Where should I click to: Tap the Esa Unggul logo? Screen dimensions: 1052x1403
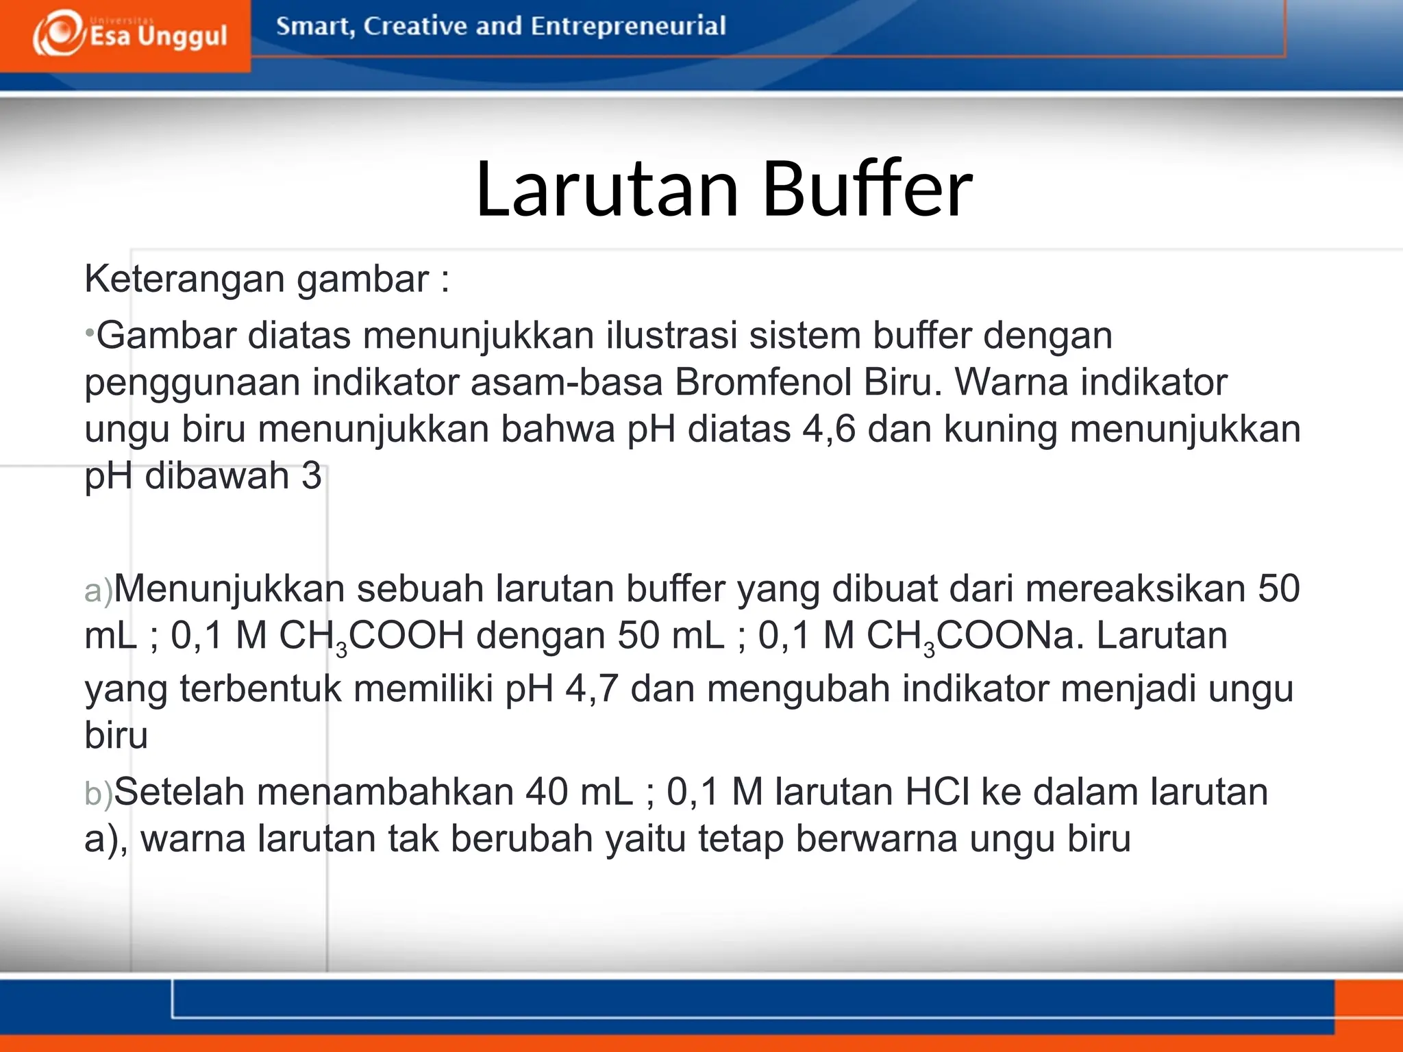tap(129, 34)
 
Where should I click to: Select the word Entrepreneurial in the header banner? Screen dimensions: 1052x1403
tap(628, 26)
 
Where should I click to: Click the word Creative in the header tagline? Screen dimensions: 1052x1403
tap(414, 26)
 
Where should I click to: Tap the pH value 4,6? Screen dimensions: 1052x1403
tap(829, 429)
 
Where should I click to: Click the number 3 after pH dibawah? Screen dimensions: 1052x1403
tap(312, 476)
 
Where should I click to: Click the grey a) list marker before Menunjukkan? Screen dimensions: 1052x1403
tap(98, 590)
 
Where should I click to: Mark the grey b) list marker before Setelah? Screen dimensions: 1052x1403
tap(98, 794)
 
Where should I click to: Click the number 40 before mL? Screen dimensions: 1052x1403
tap(546, 792)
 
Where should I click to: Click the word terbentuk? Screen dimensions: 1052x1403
tap(260, 688)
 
